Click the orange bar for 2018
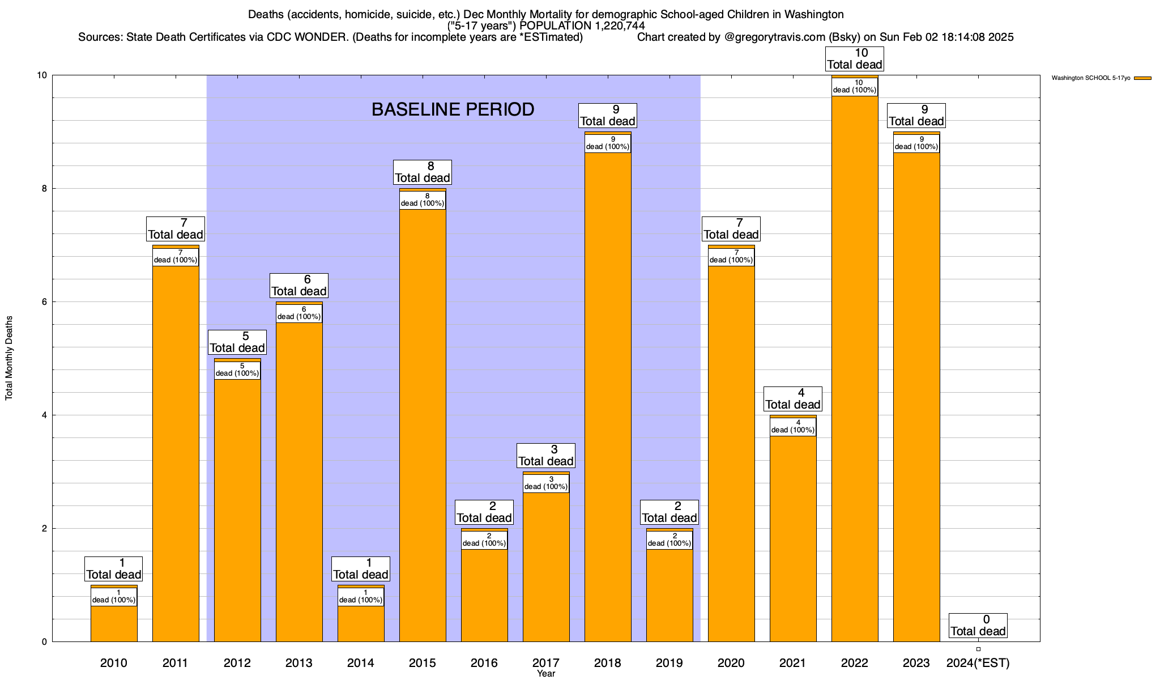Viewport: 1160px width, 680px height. [x=608, y=397]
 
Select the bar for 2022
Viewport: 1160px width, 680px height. [x=855, y=368]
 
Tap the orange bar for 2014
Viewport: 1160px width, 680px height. [x=361, y=623]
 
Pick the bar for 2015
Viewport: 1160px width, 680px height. [x=423, y=425]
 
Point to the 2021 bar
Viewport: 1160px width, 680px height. [x=793, y=538]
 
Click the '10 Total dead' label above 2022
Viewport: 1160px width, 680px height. [x=855, y=59]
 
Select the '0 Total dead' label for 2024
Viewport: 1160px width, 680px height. [x=978, y=626]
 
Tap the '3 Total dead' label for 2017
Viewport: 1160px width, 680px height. [x=546, y=456]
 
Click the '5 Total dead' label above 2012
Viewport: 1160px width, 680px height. [x=237, y=342]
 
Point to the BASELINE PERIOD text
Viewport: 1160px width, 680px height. [x=453, y=109]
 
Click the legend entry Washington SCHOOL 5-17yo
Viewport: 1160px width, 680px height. [x=1101, y=78]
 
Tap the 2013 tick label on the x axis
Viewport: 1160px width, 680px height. [x=299, y=663]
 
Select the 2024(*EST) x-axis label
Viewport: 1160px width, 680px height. [x=978, y=663]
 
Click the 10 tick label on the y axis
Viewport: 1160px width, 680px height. [x=41, y=75]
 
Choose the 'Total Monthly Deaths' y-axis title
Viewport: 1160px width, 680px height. [x=9, y=358]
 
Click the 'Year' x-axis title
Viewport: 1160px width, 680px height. [x=546, y=674]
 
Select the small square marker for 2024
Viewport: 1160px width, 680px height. [x=978, y=649]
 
